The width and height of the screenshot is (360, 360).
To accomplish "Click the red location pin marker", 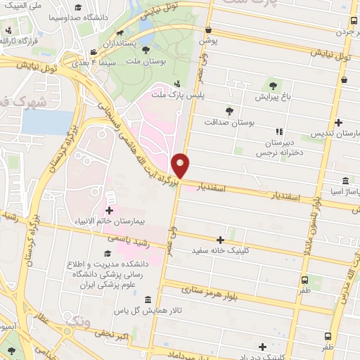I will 181,166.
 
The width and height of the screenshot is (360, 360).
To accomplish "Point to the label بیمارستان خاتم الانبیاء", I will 110,221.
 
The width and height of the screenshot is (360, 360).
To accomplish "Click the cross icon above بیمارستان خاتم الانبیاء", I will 109,210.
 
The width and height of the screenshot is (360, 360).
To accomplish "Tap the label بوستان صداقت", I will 229,122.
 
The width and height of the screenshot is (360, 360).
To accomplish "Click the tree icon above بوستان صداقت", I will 229,111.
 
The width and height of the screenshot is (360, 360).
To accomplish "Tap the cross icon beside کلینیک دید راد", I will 262,347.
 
